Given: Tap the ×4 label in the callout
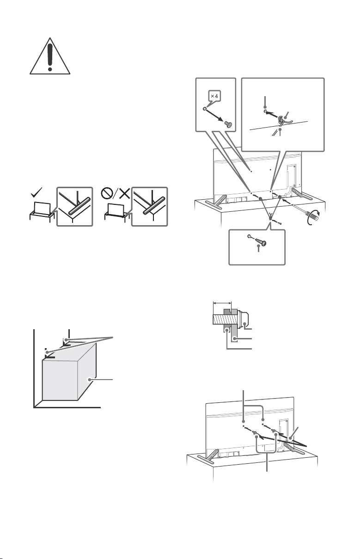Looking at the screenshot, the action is click(214, 96).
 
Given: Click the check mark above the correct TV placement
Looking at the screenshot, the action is click(37, 192).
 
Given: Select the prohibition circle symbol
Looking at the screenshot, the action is click(107, 193).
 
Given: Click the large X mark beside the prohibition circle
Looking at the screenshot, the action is click(124, 193).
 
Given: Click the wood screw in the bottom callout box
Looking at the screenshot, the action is click(261, 242).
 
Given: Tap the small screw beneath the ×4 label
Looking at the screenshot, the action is click(228, 124).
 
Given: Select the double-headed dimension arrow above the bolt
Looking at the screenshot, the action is click(222, 303).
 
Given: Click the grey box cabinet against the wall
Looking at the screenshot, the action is click(69, 372).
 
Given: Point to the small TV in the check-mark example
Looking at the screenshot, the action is click(42, 208).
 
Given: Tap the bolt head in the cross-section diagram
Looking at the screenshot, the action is click(244, 319).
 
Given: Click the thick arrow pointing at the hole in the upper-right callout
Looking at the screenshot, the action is click(273, 114).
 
